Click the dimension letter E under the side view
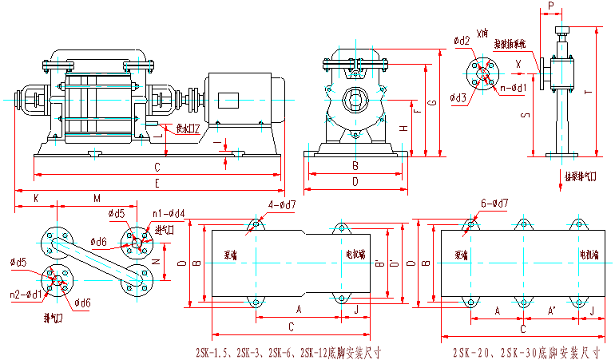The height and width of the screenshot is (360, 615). click(x=157, y=184)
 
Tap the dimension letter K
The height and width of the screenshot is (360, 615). click(x=35, y=197)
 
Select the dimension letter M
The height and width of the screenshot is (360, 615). click(x=97, y=197)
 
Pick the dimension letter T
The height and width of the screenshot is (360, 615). click(x=588, y=92)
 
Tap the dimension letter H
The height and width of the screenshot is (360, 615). click(x=403, y=128)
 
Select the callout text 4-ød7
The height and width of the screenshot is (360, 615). click(x=281, y=205)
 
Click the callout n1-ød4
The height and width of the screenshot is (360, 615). click(x=169, y=213)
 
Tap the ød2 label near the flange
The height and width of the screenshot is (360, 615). click(x=461, y=40)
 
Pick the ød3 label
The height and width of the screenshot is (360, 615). click(x=458, y=98)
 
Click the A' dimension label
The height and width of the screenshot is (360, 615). click(x=550, y=309)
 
